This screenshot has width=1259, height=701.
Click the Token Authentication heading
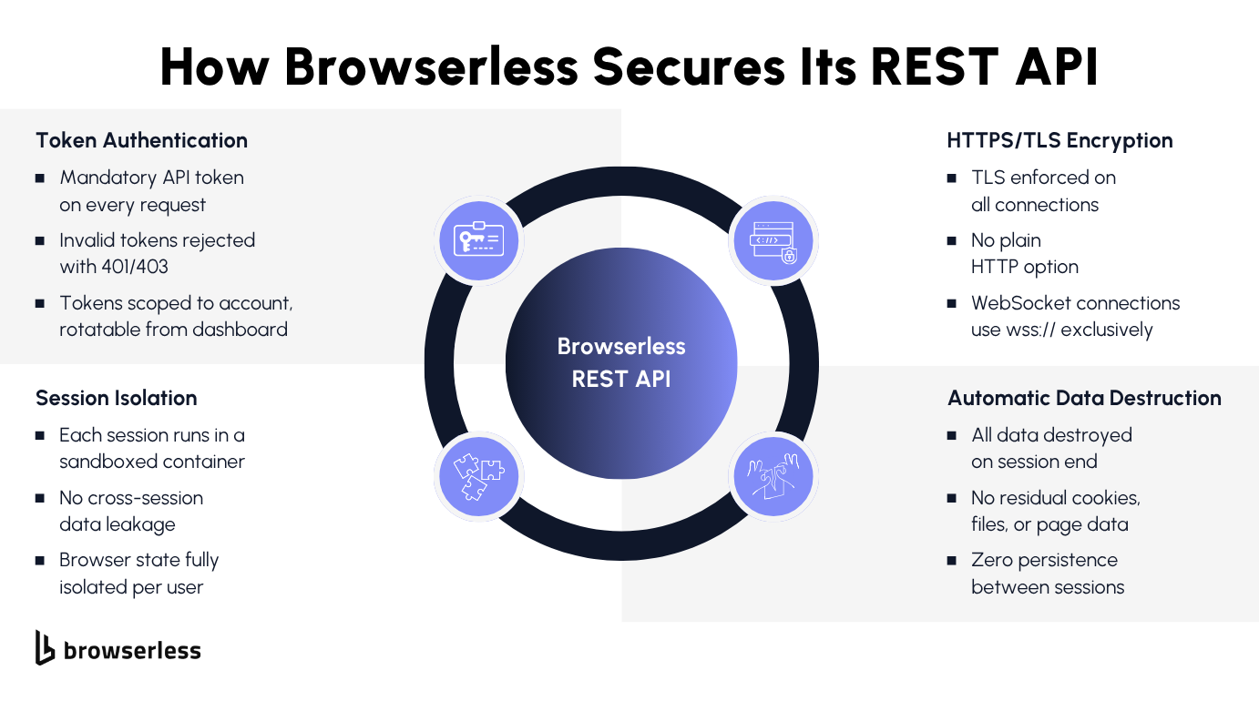(x=141, y=140)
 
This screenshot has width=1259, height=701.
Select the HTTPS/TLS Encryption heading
(x=1059, y=140)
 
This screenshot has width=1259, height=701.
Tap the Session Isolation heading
(x=116, y=398)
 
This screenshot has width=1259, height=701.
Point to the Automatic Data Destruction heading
(x=1084, y=398)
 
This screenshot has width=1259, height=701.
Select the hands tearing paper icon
(x=773, y=476)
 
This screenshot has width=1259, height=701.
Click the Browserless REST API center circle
(x=620, y=363)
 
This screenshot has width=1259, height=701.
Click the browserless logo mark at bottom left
(x=45, y=647)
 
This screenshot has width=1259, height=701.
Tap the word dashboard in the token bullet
(x=244, y=330)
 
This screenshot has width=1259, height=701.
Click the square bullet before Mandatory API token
(x=40, y=178)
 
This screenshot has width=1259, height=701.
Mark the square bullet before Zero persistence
(x=952, y=561)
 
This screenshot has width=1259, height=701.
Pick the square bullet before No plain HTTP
(x=952, y=241)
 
